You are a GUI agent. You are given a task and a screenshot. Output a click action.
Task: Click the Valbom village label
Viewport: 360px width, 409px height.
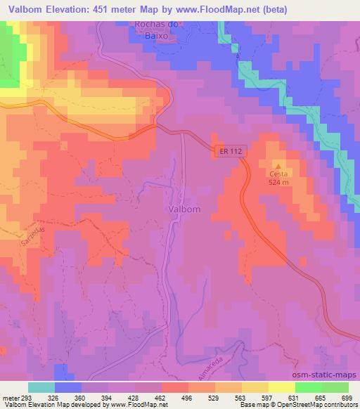(x=185, y=209)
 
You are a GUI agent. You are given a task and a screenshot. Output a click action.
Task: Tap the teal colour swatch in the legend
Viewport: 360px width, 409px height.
(x=41, y=387)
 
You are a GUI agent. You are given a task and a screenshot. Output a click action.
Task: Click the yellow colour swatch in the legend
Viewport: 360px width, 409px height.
(x=282, y=387)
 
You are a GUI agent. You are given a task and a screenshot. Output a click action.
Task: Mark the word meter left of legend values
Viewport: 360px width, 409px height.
(x=8, y=397)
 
